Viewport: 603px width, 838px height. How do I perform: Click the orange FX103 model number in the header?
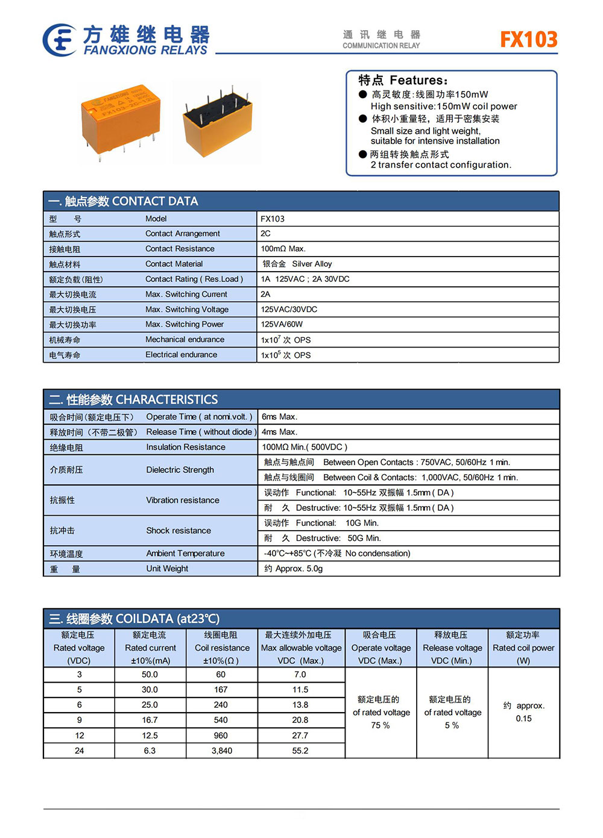click(x=528, y=39)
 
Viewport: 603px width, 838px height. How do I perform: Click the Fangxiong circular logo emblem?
click(x=59, y=40)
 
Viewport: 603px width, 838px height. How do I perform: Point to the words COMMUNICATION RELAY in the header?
click(x=381, y=46)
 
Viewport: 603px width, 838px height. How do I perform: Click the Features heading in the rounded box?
click(x=403, y=80)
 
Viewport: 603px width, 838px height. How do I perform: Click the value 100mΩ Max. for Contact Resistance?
click(x=283, y=249)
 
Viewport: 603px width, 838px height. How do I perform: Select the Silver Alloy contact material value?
click(x=311, y=264)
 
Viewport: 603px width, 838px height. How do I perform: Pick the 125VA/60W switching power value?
click(x=282, y=324)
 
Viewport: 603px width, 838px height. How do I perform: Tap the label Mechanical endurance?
click(x=185, y=340)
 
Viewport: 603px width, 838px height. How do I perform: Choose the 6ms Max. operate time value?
click(x=279, y=417)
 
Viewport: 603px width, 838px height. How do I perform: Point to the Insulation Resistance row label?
click(x=186, y=447)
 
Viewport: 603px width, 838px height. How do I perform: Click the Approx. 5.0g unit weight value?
click(x=299, y=569)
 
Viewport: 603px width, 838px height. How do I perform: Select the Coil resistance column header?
click(x=221, y=648)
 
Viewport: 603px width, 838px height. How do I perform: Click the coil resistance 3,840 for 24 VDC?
click(x=221, y=751)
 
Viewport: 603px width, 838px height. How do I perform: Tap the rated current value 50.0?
click(x=150, y=675)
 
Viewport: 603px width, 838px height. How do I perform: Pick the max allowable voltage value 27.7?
click(x=300, y=736)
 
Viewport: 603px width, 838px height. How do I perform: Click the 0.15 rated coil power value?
click(x=523, y=719)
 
